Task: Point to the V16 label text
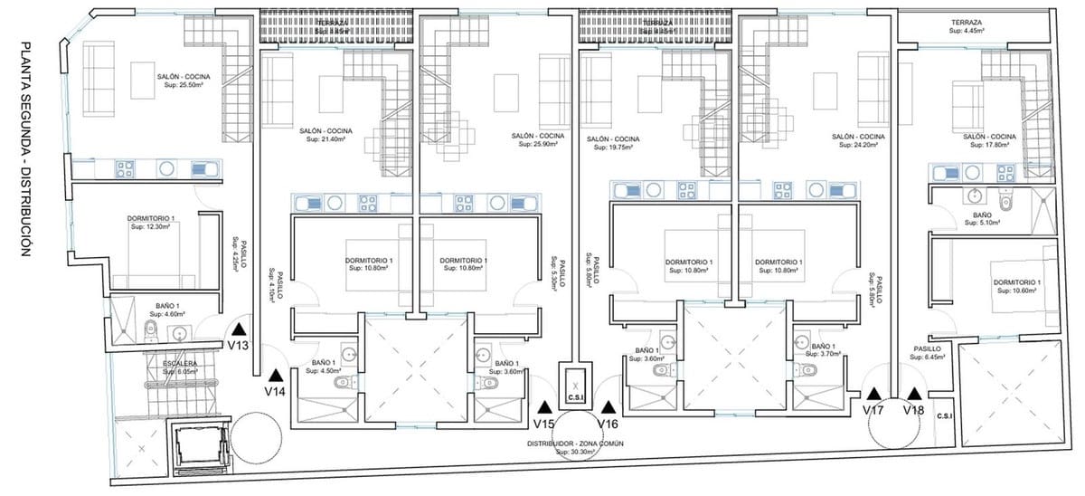click(608, 424)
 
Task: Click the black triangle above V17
click(873, 395)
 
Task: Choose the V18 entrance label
click(915, 410)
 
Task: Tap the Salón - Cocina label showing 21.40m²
click(325, 135)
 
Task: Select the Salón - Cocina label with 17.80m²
click(989, 140)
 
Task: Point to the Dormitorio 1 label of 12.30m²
click(151, 224)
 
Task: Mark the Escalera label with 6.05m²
click(181, 367)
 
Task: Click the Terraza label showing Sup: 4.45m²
click(967, 26)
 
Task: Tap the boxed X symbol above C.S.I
click(575, 385)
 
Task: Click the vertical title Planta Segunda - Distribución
click(26, 150)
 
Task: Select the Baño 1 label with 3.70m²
click(823, 351)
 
